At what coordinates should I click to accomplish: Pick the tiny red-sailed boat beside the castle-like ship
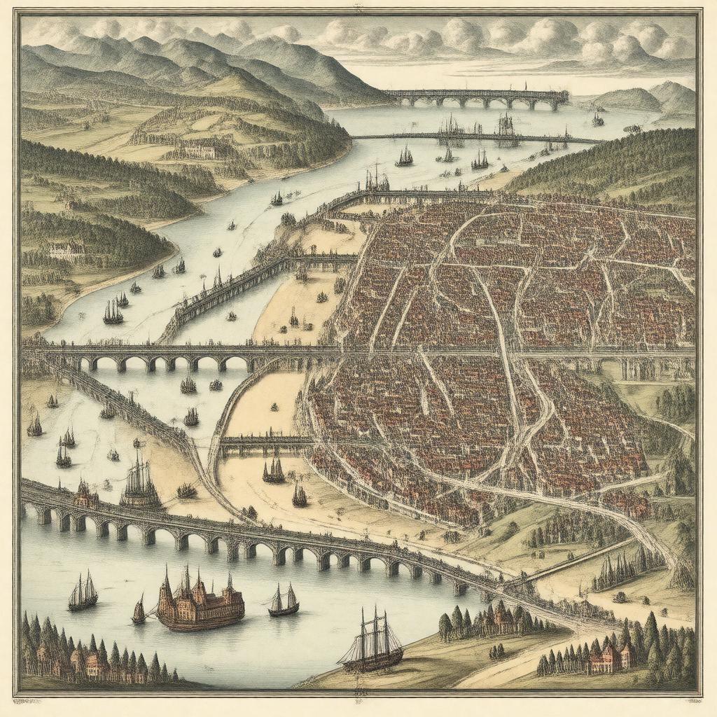coord(139,611)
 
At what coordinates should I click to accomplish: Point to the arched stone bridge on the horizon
coord(476,99)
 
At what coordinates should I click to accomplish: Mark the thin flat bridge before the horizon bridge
coord(476,137)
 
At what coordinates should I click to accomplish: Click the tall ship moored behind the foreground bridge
coord(140,483)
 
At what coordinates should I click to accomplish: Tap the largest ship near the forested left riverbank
coord(113,312)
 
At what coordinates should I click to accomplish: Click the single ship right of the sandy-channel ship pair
coord(300,495)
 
